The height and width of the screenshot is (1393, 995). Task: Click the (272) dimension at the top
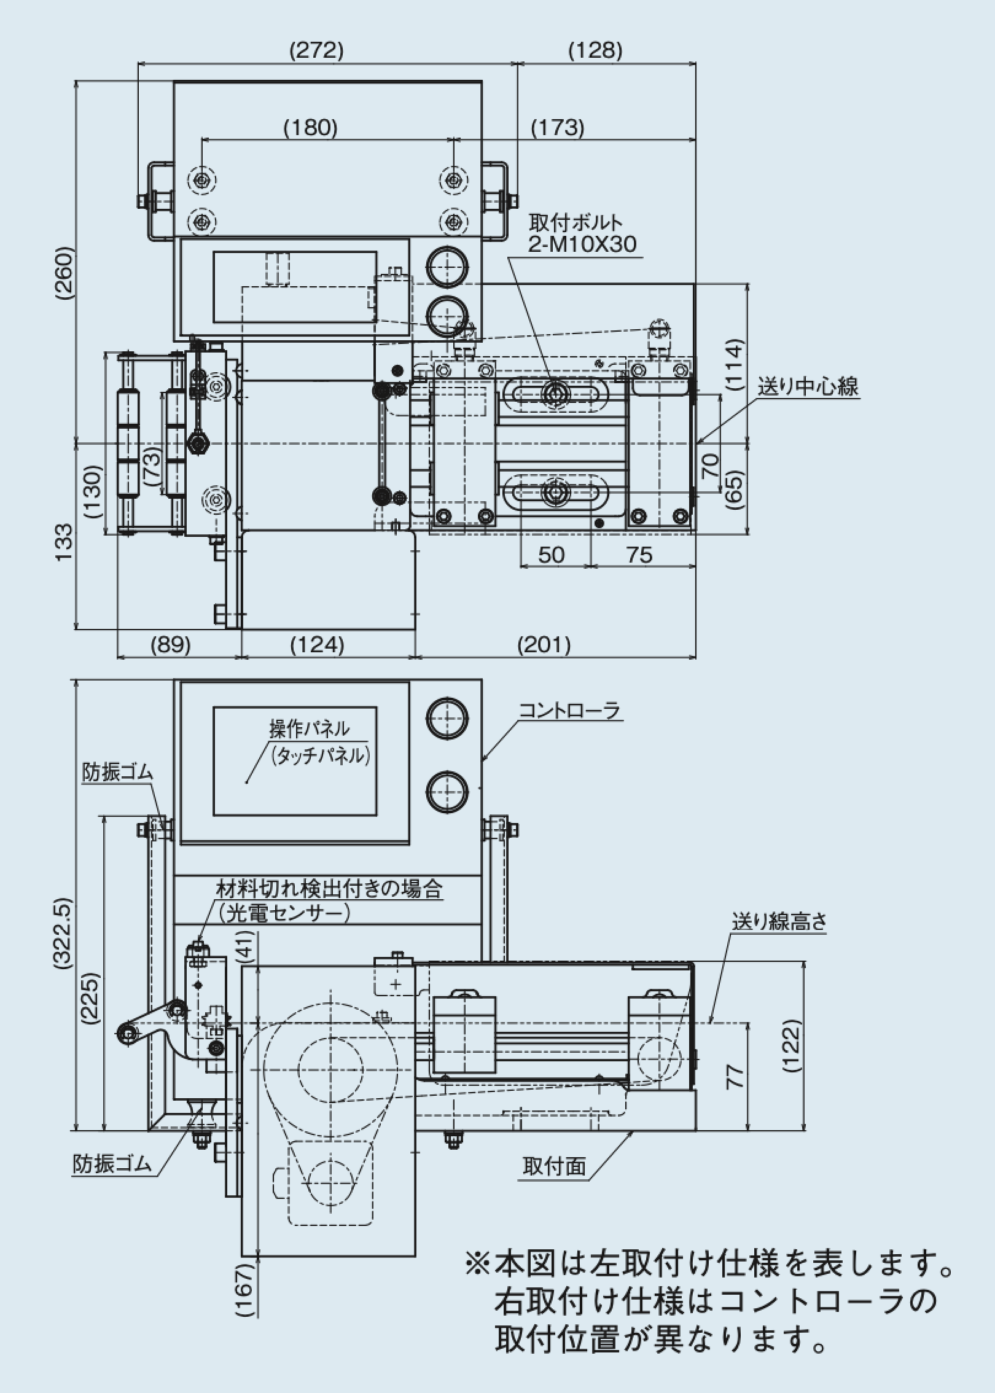316,51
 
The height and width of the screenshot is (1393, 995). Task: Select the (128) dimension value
596,51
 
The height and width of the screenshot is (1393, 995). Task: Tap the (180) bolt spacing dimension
311,127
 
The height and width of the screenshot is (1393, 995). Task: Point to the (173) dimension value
557,127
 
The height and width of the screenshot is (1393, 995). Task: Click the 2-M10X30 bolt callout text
582,244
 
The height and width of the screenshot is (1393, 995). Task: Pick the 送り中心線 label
808,386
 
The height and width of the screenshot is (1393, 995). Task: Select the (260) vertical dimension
64,274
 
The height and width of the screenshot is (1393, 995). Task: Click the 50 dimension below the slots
551,555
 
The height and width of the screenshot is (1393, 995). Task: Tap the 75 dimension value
639,555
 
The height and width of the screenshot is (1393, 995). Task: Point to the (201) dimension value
544,645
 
